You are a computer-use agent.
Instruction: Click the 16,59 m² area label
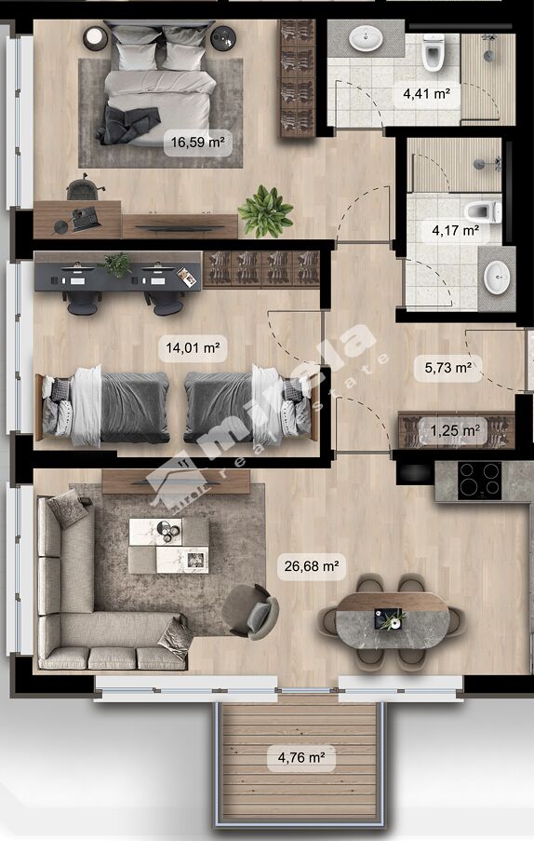coord(197,142)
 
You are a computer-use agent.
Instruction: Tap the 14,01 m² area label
coord(193,347)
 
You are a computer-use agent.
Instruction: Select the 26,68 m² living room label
coord(311,566)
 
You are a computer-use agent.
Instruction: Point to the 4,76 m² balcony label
coord(301,757)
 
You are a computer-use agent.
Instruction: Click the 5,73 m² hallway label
coord(448,367)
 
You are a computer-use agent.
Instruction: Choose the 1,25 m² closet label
coord(455,430)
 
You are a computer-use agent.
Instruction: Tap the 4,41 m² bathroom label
coord(426,94)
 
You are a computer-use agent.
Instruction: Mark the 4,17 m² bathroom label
coord(455,231)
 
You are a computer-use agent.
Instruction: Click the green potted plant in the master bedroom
coord(266,211)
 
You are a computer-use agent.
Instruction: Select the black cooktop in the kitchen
coord(479,481)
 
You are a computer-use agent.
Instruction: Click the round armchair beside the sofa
coord(250,612)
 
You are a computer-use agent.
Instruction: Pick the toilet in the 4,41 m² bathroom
coord(434,52)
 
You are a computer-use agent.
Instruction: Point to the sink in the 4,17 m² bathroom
coord(497,278)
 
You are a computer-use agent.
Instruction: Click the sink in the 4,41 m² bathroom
coord(367,38)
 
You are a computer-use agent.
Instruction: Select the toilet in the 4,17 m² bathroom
coord(483,211)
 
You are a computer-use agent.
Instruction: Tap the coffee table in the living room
coord(168,546)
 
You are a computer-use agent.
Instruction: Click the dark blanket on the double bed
coord(128,124)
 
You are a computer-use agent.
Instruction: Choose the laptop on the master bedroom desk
coord(86,218)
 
